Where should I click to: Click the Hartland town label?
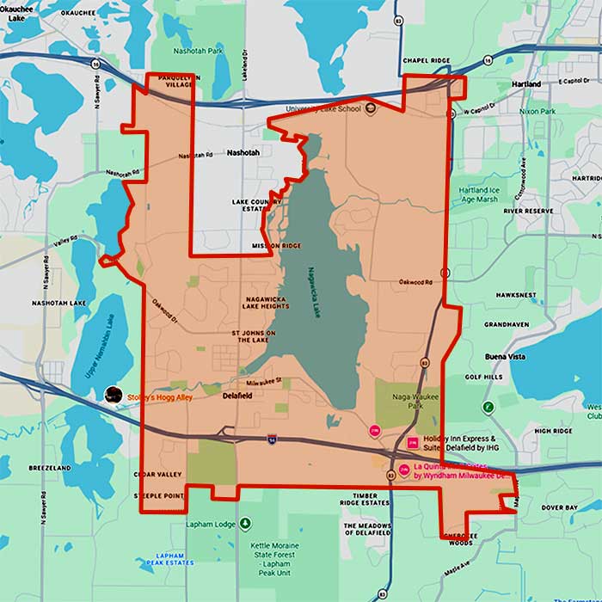point(525,84)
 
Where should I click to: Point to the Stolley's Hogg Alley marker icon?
point(113,395)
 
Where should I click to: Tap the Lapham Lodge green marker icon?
point(246,523)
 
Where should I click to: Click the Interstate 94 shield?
point(272,439)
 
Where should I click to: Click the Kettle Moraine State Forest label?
point(265,554)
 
